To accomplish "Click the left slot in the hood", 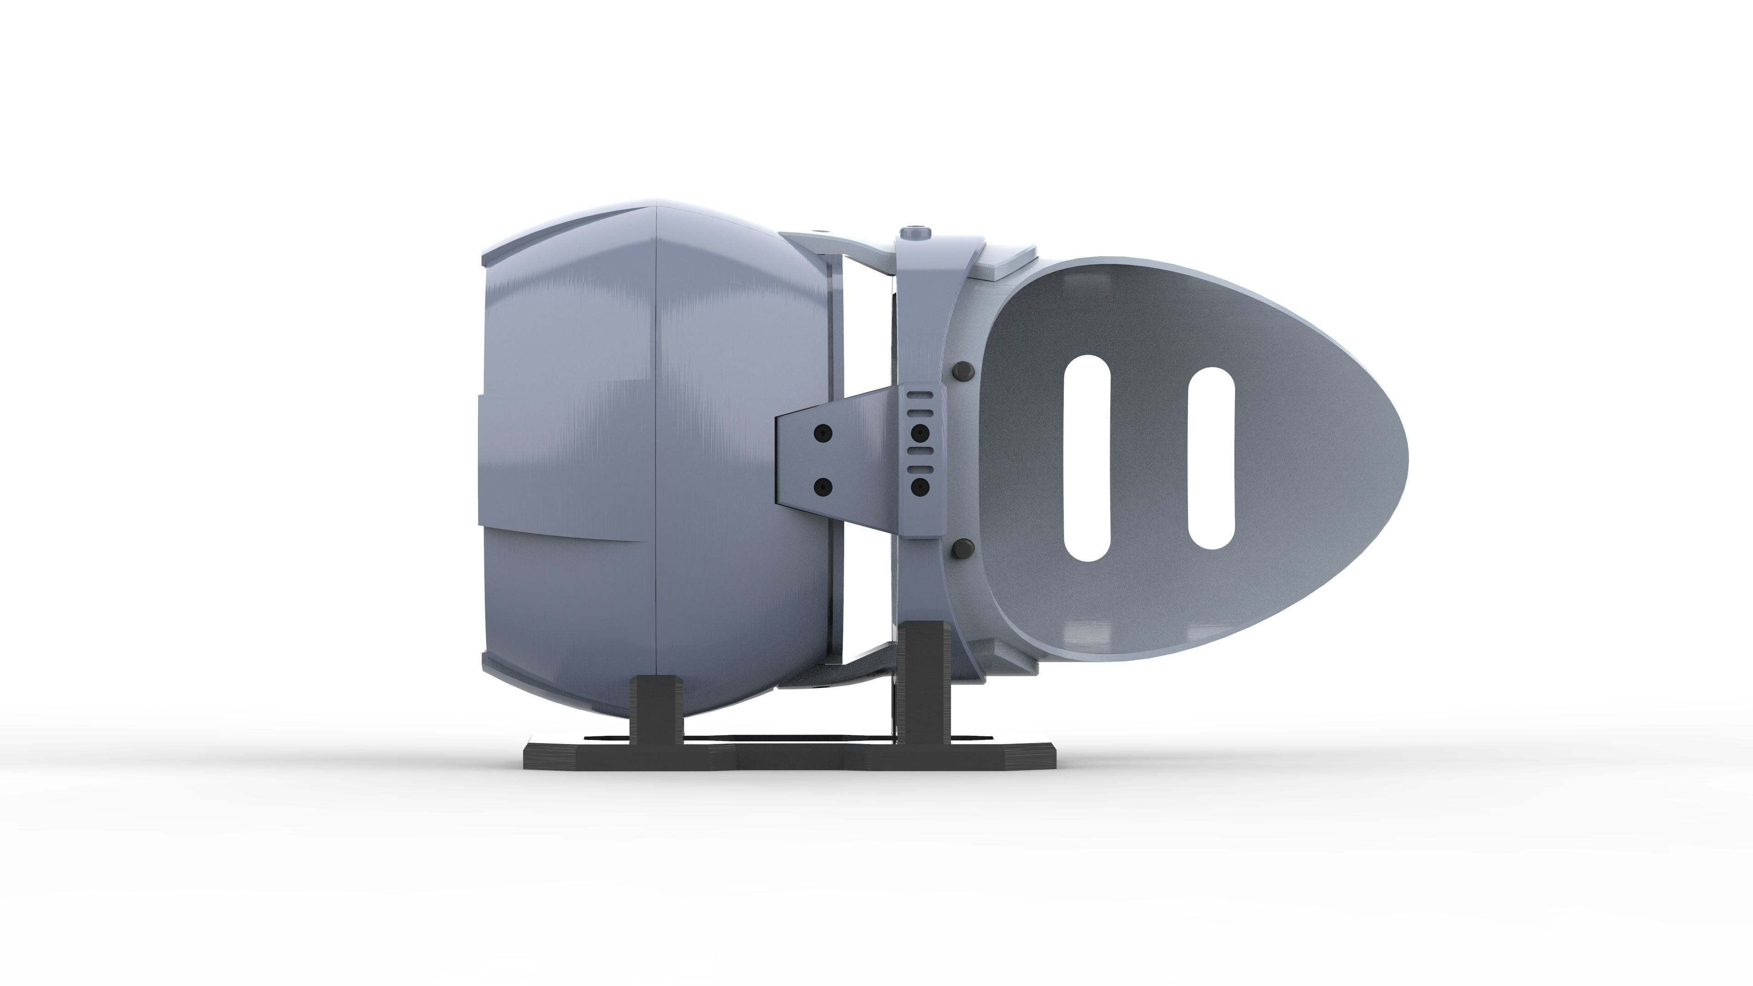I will click(x=1087, y=458).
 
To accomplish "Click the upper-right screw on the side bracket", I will click(x=920, y=433).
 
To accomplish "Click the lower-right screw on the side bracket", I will click(x=920, y=487).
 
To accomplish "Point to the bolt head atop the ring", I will click(x=915, y=233).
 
